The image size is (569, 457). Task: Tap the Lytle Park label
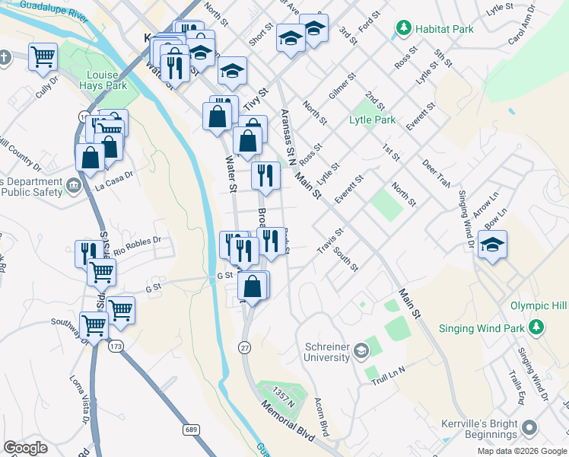tap(372, 120)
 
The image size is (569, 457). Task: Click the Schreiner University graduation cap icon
tap(361, 351)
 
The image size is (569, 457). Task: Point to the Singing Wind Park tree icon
tap(537, 328)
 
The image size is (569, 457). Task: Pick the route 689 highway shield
tap(191, 430)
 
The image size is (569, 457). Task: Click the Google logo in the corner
tap(26, 448)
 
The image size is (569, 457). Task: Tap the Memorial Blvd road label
tap(288, 420)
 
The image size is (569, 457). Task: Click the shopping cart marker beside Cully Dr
tap(43, 56)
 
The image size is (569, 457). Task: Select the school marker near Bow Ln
tap(492, 245)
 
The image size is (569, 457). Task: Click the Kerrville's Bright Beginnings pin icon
tap(529, 429)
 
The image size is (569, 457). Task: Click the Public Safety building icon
tap(73, 184)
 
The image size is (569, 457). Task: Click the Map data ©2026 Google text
tap(521, 451)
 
